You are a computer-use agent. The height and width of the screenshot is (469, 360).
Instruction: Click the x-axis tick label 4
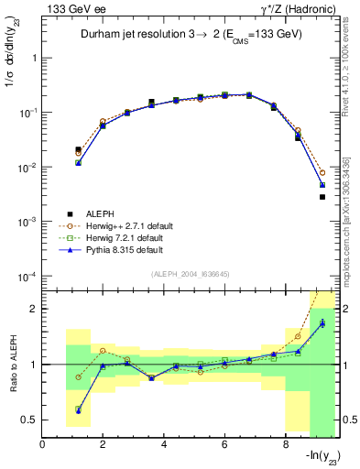coord(164,445)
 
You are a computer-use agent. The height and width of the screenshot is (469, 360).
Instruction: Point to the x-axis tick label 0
coord(43,445)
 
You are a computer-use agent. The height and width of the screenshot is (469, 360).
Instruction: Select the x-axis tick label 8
coord(285,445)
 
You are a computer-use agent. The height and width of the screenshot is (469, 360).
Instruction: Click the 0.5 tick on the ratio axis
coord(30,420)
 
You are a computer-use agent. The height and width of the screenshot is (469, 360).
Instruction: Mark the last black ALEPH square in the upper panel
coord(322,197)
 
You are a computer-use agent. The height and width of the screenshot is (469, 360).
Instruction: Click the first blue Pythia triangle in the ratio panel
coord(79,410)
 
